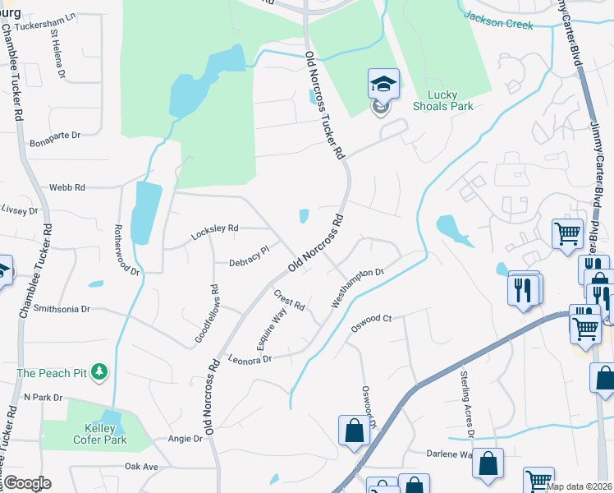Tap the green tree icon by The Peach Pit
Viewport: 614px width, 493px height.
pyautogui.click(x=100, y=372)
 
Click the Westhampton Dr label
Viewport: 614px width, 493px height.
pyautogui.click(x=358, y=288)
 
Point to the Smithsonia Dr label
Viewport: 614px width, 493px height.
pyautogui.click(x=57, y=309)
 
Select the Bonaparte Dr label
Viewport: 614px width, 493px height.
pyautogui.click(x=53, y=135)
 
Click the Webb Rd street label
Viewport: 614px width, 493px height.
pyautogui.click(x=66, y=187)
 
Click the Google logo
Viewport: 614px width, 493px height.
pyautogui.click(x=27, y=483)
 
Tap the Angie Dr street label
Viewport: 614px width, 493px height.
pyautogui.click(x=185, y=439)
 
